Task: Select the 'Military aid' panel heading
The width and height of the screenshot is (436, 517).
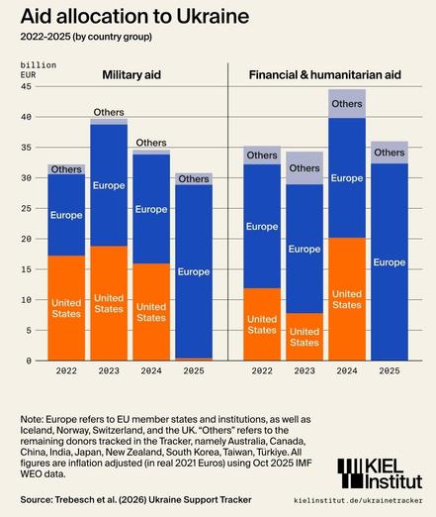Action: coord(131,74)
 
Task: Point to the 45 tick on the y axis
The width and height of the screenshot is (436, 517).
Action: coord(27,87)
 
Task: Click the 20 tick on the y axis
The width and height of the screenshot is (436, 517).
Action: coord(27,239)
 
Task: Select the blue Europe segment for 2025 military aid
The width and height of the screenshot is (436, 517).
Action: coord(194,271)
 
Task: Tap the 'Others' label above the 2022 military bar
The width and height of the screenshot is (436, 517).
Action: coord(66,169)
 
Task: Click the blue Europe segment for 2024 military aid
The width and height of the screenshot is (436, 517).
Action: coord(151,209)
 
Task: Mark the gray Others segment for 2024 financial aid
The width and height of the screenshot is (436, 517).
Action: coord(347,103)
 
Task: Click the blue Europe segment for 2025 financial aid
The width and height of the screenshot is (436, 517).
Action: coord(390,261)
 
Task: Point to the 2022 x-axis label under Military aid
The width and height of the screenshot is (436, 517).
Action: coord(66,372)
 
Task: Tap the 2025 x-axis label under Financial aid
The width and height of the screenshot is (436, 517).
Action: coord(390,372)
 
